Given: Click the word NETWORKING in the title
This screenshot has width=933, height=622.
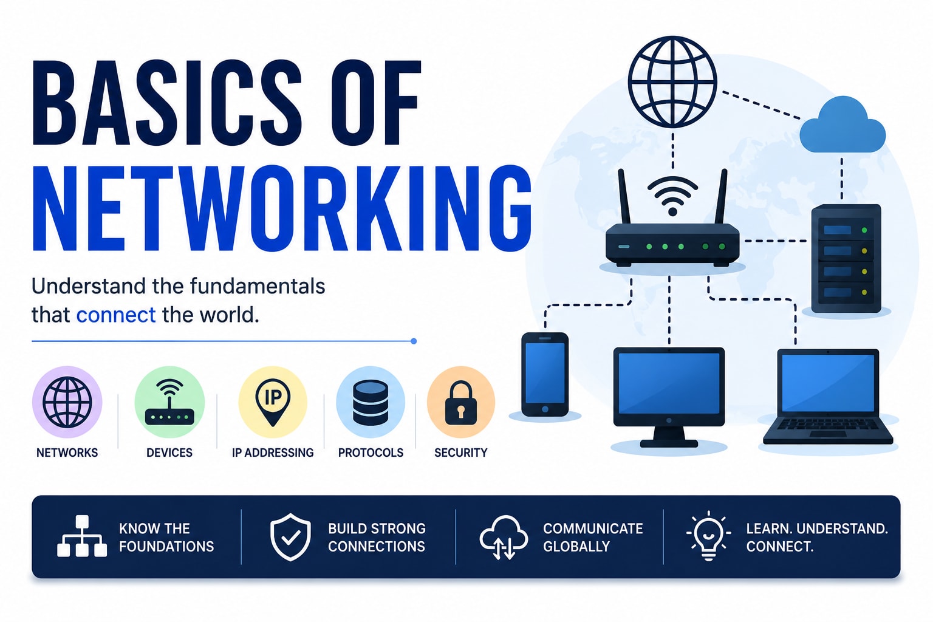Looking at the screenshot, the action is [282, 208].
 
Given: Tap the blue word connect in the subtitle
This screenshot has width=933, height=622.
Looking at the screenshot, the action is [116, 315].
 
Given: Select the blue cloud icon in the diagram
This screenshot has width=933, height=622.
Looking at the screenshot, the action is [842, 125].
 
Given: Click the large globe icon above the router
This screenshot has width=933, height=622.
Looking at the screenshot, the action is [672, 81].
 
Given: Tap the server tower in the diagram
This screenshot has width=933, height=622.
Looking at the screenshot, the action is [846, 258].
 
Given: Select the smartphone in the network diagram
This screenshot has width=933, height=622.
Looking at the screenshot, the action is [545, 374].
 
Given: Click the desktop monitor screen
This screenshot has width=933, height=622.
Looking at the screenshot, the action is [669, 383].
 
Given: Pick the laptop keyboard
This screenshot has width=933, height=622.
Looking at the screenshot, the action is [828, 426].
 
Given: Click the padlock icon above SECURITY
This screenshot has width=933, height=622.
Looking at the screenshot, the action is [460, 403].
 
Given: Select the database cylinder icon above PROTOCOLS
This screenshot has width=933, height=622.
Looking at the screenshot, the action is [371, 403].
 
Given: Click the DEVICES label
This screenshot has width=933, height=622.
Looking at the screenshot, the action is [169, 453].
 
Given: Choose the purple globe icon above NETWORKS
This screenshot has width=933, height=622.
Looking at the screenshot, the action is [67, 402].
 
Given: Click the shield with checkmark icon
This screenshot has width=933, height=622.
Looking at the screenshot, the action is [290, 536].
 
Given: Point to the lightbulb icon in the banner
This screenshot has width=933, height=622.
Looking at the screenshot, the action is [708, 536].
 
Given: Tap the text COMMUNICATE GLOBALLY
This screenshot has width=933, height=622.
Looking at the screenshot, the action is [593, 538].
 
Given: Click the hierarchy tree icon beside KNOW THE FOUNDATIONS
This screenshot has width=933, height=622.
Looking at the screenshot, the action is [82, 536].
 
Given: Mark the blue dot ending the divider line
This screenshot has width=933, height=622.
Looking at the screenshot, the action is [414, 341].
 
